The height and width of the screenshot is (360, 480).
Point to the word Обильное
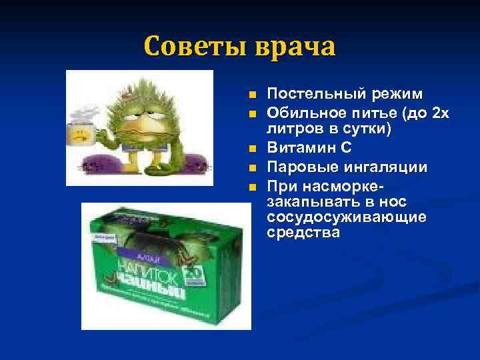pyautogui.click(x=299, y=113)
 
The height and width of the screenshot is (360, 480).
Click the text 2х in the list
pyautogui.click(x=441, y=113)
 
